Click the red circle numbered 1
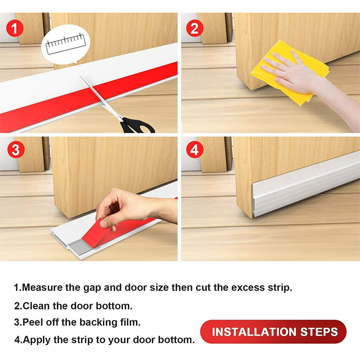click(15, 28)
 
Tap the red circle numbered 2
click(195, 28)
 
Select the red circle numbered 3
click(16, 149)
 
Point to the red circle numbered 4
click(195, 149)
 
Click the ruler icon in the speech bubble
click(66, 44)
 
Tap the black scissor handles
click(137, 126)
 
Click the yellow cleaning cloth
click(290, 72)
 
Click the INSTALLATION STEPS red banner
click(273, 332)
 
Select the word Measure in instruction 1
click(42, 288)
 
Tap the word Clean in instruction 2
click(36, 306)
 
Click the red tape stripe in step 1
click(90, 96)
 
